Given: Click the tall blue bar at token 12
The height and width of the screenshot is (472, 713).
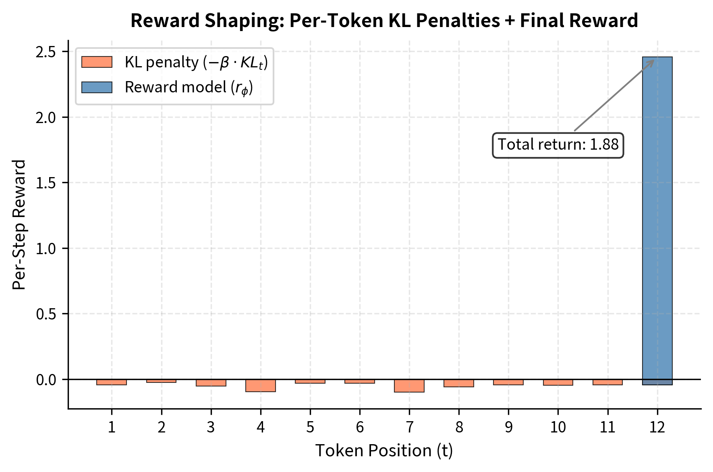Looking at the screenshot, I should pyautogui.click(x=657, y=218).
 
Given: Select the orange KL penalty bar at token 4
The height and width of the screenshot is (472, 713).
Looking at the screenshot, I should pyautogui.click(x=261, y=386).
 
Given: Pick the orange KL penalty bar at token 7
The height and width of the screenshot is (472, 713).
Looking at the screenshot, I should pyautogui.click(x=409, y=386).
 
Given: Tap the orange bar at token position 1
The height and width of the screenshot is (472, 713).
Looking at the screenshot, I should pyautogui.click(x=112, y=382).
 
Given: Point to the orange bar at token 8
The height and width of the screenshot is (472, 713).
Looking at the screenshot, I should pyautogui.click(x=459, y=383).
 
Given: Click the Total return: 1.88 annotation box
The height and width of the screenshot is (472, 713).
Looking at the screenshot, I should pyautogui.click(x=558, y=145).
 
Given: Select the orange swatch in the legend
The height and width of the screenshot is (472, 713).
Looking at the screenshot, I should pyautogui.click(x=97, y=62).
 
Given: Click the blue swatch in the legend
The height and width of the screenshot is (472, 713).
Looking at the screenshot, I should pyautogui.click(x=97, y=87).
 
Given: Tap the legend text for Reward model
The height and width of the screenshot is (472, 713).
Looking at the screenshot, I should pyautogui.click(x=189, y=88).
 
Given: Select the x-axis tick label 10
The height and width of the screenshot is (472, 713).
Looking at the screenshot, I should pyautogui.click(x=558, y=427).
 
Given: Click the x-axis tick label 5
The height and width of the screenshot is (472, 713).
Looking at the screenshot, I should pyautogui.click(x=310, y=427).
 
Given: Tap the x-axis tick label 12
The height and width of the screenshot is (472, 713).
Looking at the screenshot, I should pyautogui.click(x=657, y=427).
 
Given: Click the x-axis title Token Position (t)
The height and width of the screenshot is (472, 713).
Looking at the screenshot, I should pyautogui.click(x=384, y=451).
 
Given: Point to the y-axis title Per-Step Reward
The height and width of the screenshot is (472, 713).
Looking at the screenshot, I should pyautogui.click(x=19, y=224).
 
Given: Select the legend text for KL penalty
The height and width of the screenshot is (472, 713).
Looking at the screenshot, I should pyautogui.click(x=196, y=63).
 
